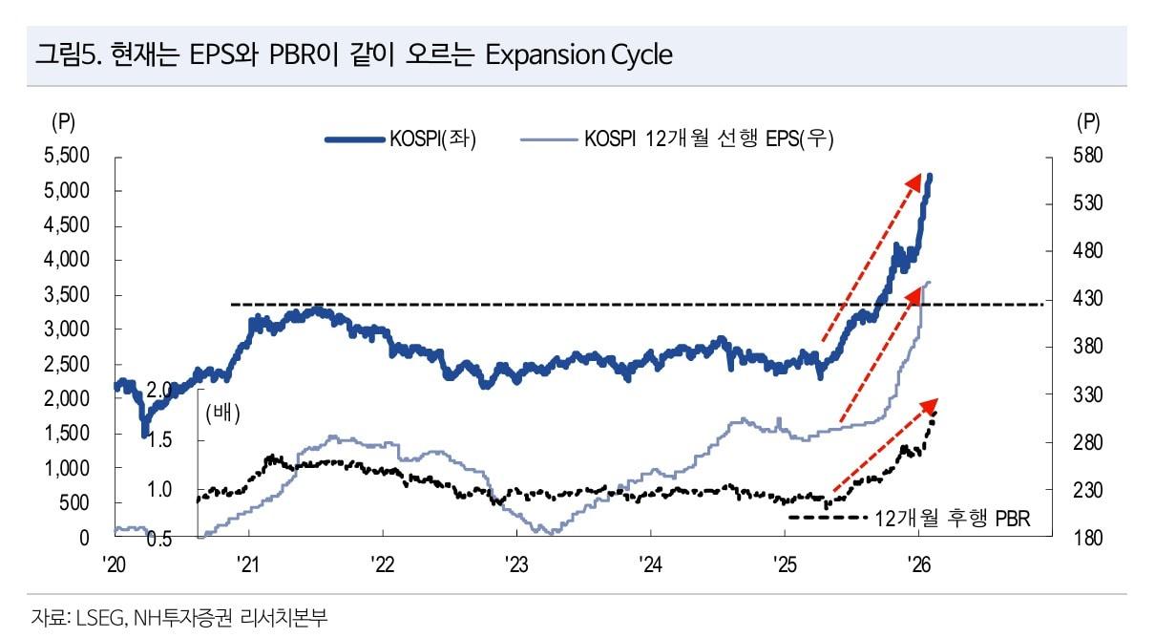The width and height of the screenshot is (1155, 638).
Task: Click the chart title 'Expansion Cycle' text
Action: [578, 54]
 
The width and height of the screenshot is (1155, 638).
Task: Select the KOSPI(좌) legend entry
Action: [432, 139]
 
